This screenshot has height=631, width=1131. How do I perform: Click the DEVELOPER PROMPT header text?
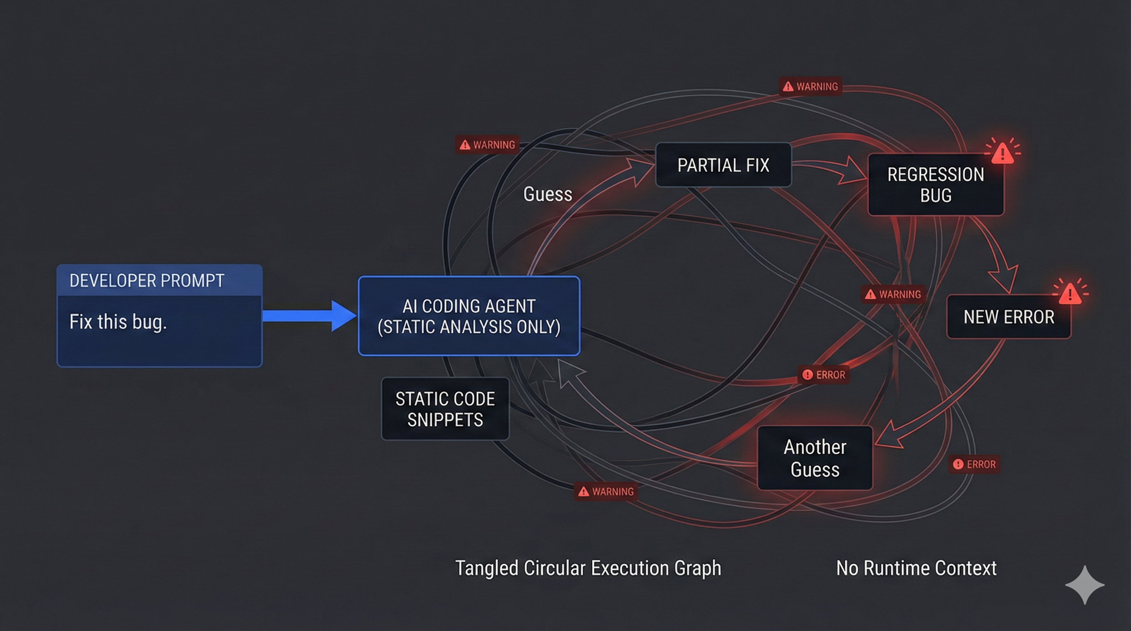147,281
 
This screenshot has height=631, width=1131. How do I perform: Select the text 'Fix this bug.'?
118,322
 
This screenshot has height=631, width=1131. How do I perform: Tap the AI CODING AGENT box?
469,316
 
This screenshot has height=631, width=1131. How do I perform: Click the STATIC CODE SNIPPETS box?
445,409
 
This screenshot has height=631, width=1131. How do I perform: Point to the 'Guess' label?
547,194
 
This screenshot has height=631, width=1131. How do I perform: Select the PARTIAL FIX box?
723,165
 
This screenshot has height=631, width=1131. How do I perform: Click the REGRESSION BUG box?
936,185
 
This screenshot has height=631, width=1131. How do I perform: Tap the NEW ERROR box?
1009,317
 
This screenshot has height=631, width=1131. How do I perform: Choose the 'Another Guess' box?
815,458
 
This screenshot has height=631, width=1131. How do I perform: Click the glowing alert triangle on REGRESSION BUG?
1002,152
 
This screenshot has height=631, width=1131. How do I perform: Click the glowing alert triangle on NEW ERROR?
1070,292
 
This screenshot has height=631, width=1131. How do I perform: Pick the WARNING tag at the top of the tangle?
810,86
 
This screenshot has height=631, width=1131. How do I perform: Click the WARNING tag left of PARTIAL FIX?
487,145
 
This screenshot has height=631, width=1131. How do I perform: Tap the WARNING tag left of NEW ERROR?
893,295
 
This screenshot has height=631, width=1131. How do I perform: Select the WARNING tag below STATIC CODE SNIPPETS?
606,491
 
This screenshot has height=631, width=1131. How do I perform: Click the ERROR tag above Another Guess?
824,375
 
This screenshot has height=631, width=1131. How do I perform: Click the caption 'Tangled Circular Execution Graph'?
588,568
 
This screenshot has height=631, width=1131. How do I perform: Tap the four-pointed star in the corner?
1085,585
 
